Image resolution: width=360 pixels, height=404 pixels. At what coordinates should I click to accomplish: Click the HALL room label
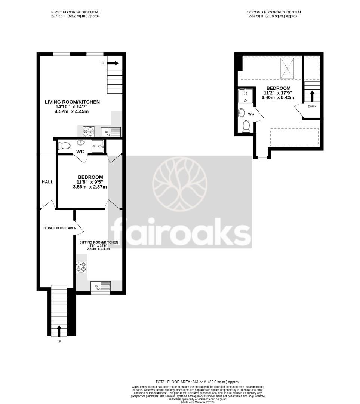coord(47,182)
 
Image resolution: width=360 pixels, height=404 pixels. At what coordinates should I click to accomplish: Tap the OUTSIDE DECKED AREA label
coord(59,228)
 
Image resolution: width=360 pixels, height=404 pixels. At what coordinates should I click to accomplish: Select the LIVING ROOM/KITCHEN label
coord(72,102)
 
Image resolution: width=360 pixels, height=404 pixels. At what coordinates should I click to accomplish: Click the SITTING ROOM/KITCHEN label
coord(99,242)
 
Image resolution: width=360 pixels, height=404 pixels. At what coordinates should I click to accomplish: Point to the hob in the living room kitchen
coord(89,132)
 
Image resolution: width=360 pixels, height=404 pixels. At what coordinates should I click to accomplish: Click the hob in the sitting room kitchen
coord(81,267)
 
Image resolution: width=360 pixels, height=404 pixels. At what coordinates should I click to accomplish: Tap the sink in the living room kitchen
coord(111,132)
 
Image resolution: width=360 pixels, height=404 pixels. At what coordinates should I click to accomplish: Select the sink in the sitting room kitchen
coord(101,287)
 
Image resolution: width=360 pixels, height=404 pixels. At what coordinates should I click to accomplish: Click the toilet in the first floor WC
coord(64,146)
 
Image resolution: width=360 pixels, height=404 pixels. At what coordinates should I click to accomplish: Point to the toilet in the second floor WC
coord(246,126)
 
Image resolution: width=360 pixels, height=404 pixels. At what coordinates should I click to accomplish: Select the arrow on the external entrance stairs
coord(59,331)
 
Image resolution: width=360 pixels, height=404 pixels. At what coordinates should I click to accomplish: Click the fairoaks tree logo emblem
coord(179,184)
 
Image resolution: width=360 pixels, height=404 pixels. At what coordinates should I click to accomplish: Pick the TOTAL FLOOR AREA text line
coord(197,382)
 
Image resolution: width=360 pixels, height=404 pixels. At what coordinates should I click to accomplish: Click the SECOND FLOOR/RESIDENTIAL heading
coord(274,12)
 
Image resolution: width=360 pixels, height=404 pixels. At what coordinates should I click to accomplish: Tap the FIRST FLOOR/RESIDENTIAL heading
coord(76,12)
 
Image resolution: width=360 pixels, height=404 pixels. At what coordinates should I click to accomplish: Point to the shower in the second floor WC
coord(245,96)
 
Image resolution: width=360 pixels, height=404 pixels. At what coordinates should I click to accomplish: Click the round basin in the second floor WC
coord(241,113)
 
